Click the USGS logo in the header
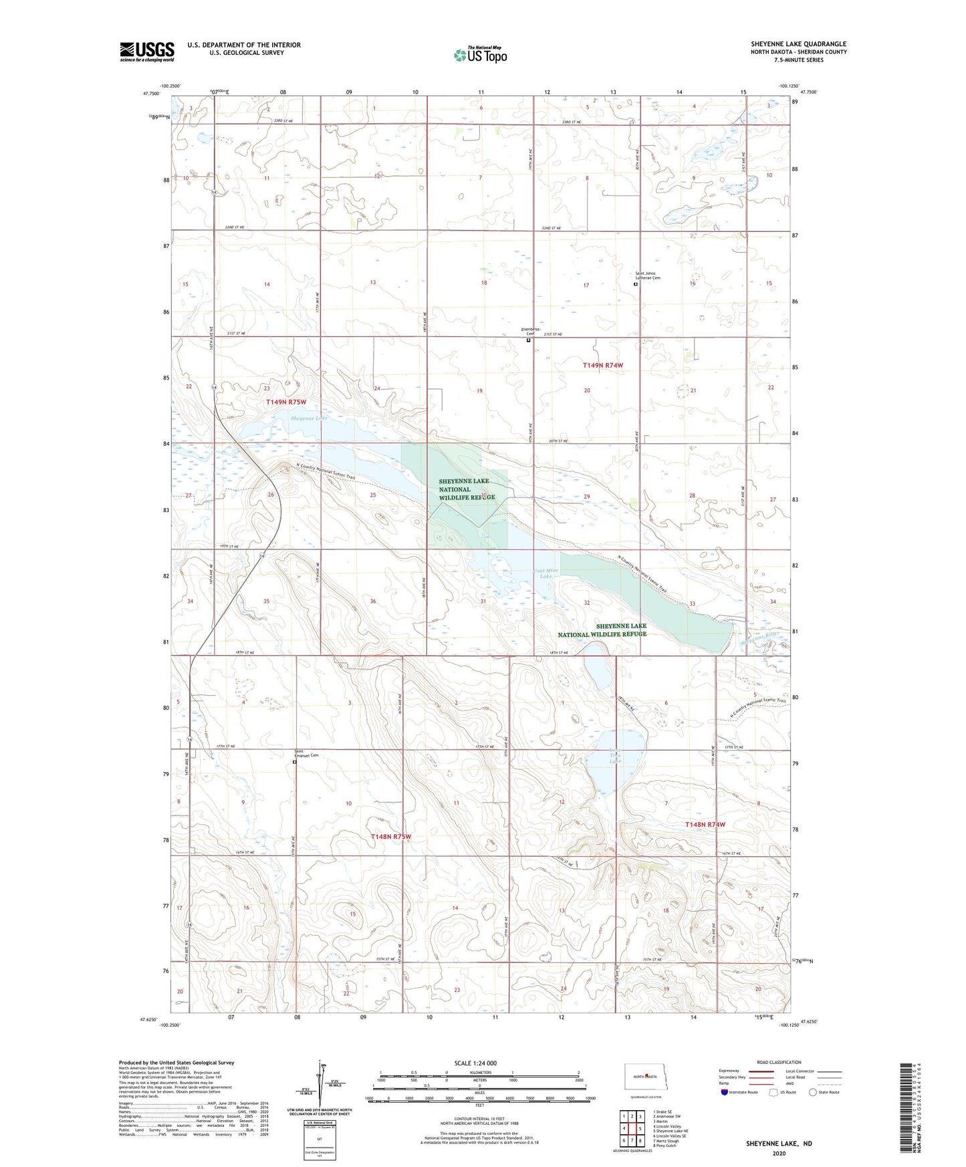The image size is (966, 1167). pyautogui.click(x=147, y=51)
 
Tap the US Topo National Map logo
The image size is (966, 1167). pyautogui.click(x=480, y=55)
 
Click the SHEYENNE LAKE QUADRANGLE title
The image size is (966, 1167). pyautogui.click(x=798, y=44)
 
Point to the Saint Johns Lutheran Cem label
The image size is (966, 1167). pyautogui.click(x=647, y=275)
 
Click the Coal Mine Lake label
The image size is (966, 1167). pyautogui.click(x=546, y=573)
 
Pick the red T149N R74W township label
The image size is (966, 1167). pyautogui.click(x=602, y=366)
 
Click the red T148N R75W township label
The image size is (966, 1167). pyautogui.click(x=390, y=837)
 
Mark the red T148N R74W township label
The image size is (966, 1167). pyautogui.click(x=705, y=825)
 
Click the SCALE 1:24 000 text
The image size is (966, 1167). pyautogui.click(x=475, y=1063)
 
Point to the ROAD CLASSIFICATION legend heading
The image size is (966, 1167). pyautogui.click(x=779, y=1063)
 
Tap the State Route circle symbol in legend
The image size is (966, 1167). pyautogui.click(x=813, y=1092)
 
